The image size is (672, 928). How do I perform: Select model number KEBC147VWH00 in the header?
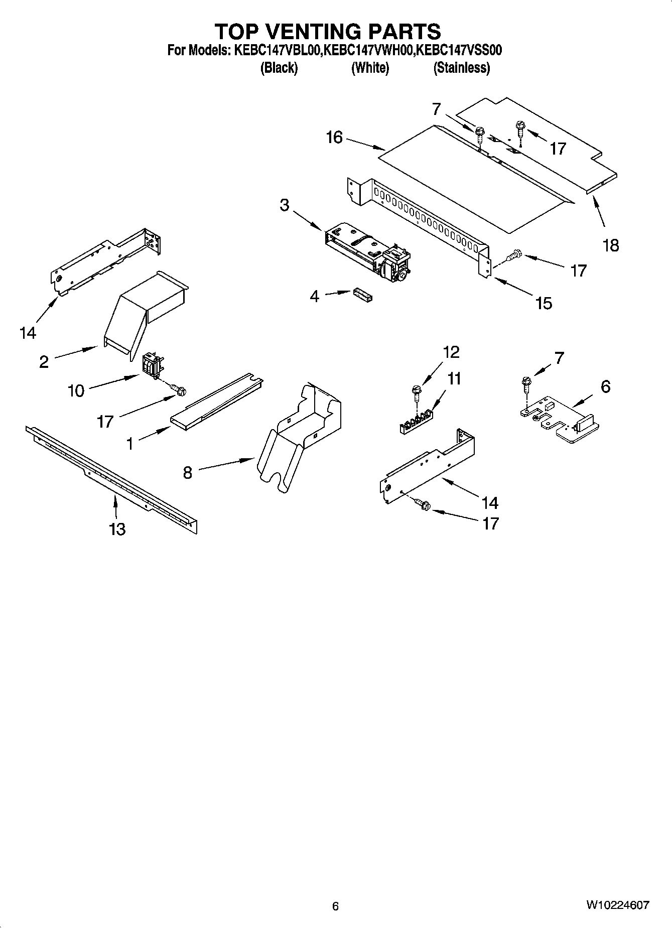369,50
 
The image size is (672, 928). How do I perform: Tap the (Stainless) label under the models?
461,68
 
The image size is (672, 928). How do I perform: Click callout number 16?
334,137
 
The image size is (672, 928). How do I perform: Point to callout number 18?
611,245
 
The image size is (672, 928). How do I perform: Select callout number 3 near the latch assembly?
285,205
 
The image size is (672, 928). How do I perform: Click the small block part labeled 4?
363,295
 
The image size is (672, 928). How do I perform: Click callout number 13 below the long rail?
117,529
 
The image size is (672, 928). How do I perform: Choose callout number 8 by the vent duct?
187,472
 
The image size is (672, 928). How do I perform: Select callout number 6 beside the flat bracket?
605,386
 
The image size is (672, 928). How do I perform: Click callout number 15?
544,303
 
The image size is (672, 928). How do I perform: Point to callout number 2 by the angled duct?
44,361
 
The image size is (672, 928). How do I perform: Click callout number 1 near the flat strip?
130,444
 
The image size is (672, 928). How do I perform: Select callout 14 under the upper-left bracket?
28,332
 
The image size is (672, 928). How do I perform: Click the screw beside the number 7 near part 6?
526,385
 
